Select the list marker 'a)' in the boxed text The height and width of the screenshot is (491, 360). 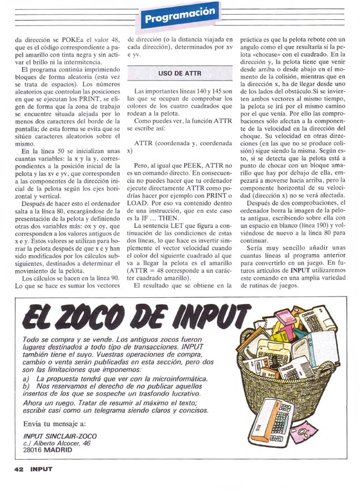coord(25,378)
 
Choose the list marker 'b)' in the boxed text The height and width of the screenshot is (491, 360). coord(25,386)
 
